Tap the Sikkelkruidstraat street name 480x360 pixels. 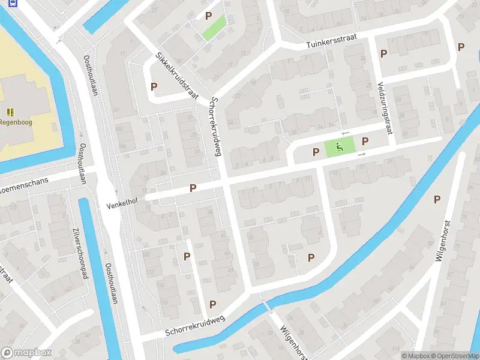click(x=177, y=76)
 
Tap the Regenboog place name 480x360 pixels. click(x=16, y=122)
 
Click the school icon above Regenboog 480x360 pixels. click(x=10, y=112)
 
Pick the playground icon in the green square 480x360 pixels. click(x=340, y=146)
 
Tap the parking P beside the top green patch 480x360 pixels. click(x=208, y=16)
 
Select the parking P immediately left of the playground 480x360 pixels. click(x=316, y=152)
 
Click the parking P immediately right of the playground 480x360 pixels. click(x=365, y=141)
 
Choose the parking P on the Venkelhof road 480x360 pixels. click(x=193, y=188)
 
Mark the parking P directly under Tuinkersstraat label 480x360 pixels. click(x=383, y=53)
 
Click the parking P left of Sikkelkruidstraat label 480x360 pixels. click(x=154, y=86)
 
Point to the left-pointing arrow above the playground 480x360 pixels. click(x=344, y=133)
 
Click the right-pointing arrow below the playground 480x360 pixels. click(x=361, y=155)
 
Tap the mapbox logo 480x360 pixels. click(x=26, y=353)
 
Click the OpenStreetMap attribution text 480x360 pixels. click(x=454, y=356)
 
